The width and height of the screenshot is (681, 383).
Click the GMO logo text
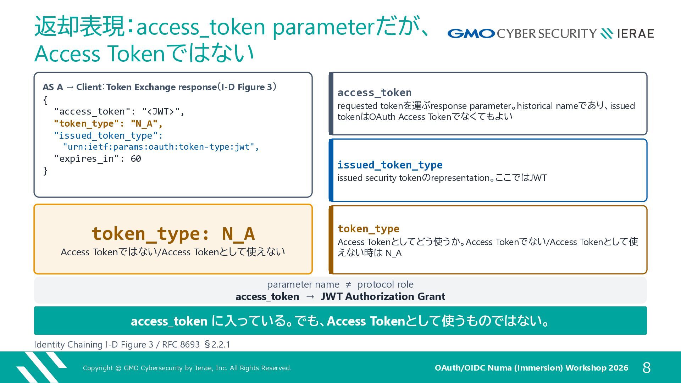click(x=471, y=34)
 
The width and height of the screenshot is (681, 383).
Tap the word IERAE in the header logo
click(x=635, y=34)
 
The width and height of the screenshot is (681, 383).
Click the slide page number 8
click(x=647, y=368)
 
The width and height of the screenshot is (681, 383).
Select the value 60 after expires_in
click(x=136, y=159)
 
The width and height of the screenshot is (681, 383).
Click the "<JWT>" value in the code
click(x=161, y=112)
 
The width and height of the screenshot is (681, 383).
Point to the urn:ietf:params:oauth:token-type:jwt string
click(x=159, y=147)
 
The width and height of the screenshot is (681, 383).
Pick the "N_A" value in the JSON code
click(x=144, y=124)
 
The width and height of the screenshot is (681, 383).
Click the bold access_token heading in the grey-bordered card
click(x=374, y=93)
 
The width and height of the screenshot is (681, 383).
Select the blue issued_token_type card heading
click(x=390, y=165)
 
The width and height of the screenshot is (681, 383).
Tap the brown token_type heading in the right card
click(x=368, y=229)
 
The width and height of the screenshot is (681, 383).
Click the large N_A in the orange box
click(x=238, y=234)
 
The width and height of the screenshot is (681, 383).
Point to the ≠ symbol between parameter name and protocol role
click(x=348, y=284)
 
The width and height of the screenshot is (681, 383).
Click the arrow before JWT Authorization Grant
click(x=310, y=296)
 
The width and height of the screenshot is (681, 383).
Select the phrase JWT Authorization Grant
click(x=383, y=296)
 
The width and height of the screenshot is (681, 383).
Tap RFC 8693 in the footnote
click(x=181, y=344)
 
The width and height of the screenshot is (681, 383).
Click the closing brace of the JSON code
click(x=45, y=171)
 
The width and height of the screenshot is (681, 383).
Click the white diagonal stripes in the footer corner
click(x=41, y=367)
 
